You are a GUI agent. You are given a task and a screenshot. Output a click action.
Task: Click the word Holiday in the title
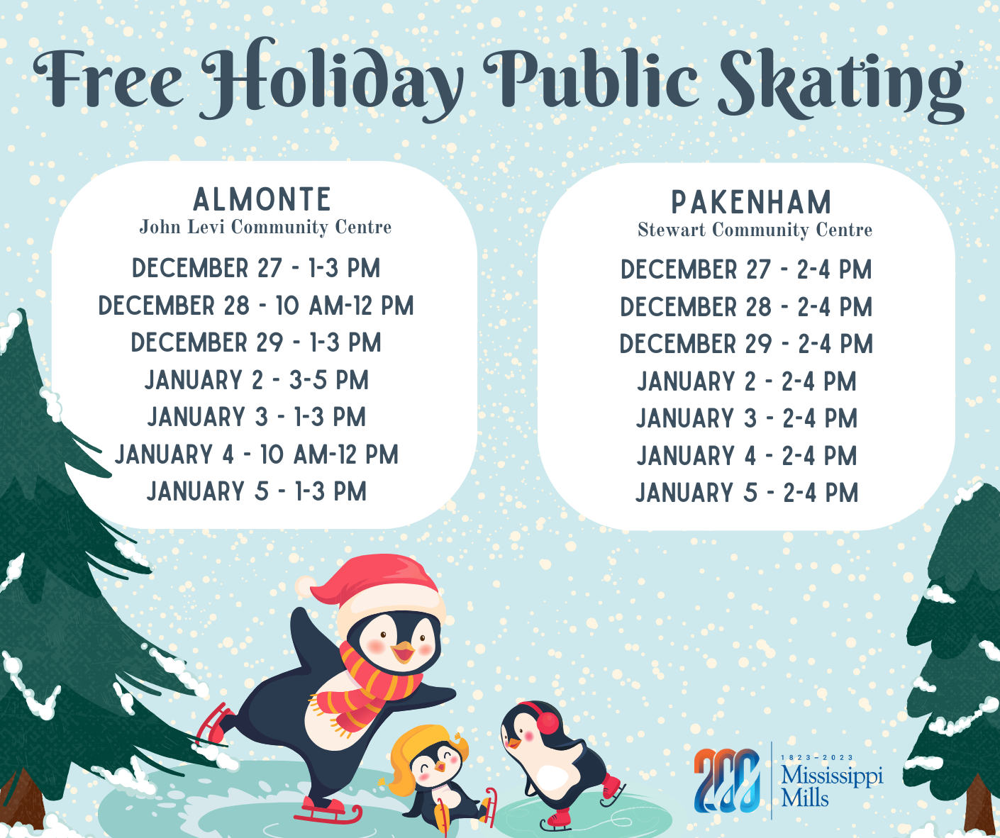331,79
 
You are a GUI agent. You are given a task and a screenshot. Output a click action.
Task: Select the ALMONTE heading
262,199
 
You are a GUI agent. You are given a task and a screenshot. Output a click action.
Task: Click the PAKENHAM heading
751,202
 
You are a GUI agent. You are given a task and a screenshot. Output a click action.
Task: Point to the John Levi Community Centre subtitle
265,227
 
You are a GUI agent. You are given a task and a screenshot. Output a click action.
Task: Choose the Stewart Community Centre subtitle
755,230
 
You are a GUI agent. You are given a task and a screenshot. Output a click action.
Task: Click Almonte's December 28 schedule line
256,306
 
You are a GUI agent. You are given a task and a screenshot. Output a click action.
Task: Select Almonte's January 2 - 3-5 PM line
257,380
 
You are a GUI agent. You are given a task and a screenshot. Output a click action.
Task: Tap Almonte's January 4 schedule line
256,454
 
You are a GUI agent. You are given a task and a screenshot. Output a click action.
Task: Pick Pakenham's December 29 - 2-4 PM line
746,344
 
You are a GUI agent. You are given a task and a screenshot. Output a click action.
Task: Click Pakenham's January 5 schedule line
747,493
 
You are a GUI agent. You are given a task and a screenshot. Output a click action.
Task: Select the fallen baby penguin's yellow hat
421,752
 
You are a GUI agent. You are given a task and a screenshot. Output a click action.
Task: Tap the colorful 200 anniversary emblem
727,781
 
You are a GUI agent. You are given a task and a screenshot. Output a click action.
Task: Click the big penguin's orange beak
402,652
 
